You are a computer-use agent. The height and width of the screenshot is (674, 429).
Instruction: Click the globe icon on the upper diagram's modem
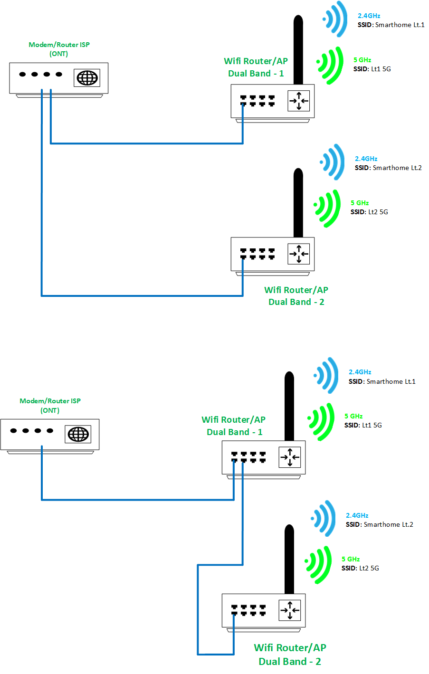(x=87, y=78)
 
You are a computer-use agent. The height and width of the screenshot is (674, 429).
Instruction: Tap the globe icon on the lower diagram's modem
(x=78, y=434)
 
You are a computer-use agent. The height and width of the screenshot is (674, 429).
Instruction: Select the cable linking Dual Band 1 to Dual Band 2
(x=198, y=608)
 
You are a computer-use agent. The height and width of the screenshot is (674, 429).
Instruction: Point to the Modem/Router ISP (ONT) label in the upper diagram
(x=59, y=49)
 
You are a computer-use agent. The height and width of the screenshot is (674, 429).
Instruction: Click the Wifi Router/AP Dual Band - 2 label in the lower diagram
(x=290, y=654)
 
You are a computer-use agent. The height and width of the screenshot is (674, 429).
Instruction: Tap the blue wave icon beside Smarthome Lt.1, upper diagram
(x=336, y=19)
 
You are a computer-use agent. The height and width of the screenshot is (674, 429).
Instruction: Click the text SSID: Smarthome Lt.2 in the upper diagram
(x=388, y=168)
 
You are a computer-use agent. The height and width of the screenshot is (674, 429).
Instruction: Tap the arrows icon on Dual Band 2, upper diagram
(x=299, y=254)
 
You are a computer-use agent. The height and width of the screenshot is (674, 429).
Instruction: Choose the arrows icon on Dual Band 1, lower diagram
(x=290, y=457)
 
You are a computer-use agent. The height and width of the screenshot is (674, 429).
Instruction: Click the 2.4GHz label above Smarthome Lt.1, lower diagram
(x=360, y=372)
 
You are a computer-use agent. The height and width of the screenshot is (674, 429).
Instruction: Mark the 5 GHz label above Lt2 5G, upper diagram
(x=360, y=203)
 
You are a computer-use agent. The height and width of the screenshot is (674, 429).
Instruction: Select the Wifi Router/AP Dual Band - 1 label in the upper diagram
(x=256, y=67)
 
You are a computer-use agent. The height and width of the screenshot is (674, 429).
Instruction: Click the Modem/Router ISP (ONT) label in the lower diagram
(x=50, y=405)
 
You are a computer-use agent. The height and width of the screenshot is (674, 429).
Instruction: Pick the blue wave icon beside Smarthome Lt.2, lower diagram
(x=324, y=518)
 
